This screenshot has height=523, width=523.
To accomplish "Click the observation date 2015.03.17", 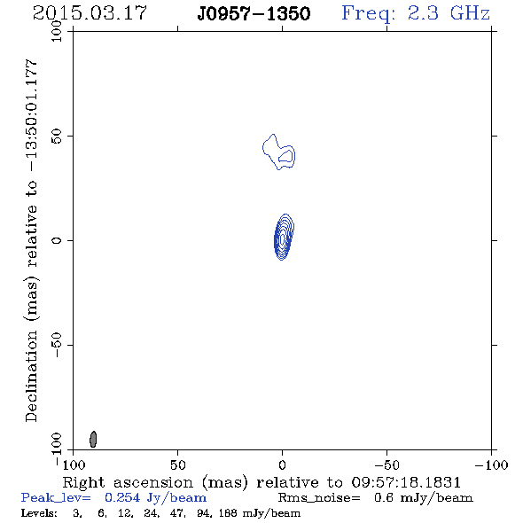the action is click(90, 13).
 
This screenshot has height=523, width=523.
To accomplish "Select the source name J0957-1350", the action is click(254, 13).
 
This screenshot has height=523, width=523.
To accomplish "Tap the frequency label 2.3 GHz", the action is click(416, 13).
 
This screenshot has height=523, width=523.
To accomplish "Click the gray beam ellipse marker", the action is click(93, 439).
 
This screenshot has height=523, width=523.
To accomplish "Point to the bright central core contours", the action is click(284, 237).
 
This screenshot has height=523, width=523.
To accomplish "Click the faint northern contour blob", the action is click(278, 152).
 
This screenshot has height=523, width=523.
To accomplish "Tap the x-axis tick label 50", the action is click(177, 464).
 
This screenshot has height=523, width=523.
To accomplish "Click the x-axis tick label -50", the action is click(386, 464).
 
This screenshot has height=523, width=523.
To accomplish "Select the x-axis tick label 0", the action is click(282, 464).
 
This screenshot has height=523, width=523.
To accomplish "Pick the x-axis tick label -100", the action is click(491, 464).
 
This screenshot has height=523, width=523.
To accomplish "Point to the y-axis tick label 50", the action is click(57, 136).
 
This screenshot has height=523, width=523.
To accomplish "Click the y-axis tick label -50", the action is click(57, 345).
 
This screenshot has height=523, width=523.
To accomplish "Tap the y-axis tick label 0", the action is click(57, 240).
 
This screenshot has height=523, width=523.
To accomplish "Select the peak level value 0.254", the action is click(122, 497).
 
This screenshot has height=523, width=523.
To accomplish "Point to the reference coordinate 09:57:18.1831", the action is click(406, 482).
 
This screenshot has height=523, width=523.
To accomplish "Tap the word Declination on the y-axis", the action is click(31, 376).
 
